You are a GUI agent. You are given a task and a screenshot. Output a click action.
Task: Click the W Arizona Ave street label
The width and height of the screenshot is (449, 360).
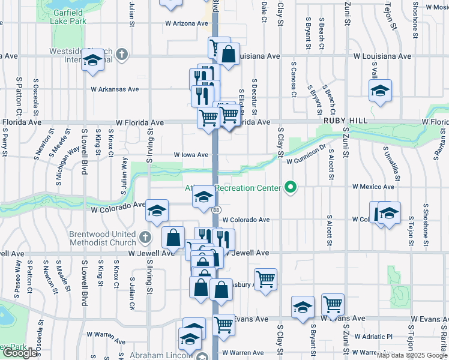(187, 23)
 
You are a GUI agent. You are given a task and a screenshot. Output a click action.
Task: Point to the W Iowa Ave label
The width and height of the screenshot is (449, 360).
(190, 154)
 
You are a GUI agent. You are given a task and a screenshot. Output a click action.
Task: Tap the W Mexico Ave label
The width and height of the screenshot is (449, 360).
(373, 187)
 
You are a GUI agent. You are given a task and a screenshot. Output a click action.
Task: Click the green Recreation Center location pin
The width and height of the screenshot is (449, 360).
(291, 188)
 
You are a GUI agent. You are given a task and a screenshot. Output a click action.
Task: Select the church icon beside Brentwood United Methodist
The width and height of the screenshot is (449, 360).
(145, 238)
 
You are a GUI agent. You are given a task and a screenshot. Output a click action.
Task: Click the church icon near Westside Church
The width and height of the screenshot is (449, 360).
(121, 55)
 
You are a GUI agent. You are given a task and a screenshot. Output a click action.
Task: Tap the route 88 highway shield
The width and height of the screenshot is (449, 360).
(215, 209)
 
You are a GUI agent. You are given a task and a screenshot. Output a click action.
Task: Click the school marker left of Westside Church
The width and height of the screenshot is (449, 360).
(93, 61)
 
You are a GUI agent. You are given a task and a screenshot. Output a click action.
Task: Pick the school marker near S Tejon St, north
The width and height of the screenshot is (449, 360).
(380, 91)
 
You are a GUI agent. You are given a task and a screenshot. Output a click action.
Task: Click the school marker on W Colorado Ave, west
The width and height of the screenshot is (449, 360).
(157, 212)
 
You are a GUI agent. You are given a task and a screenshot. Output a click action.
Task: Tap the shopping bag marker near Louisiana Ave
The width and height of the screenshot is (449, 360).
(229, 55)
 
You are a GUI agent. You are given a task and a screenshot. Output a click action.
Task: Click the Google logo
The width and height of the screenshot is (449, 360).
(20, 353)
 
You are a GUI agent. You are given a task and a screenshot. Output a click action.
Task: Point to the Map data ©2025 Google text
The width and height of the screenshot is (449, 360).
(412, 355)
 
